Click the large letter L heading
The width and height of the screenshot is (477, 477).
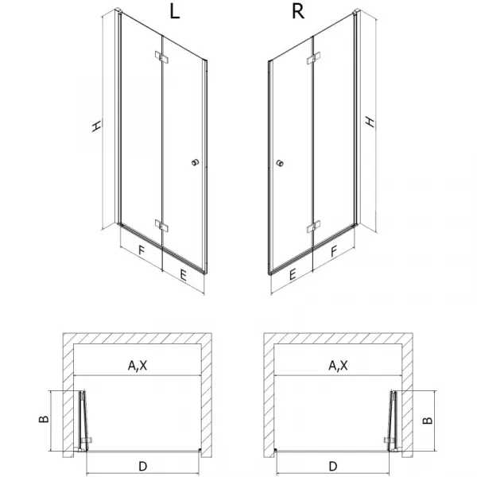(174, 12)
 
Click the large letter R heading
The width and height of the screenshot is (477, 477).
(298, 12)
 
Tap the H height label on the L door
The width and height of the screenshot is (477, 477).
(97, 126)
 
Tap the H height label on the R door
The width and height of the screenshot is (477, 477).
(370, 122)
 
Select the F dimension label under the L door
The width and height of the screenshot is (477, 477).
(142, 250)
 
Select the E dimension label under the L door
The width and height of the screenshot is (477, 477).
(183, 275)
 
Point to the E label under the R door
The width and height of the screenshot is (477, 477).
(293, 275)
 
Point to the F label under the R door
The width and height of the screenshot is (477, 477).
(334, 251)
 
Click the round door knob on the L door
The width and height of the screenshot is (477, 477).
(196, 162)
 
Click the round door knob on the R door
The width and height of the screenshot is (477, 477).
(280, 163)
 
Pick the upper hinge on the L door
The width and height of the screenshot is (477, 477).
(161, 57)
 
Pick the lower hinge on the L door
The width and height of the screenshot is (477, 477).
(161, 226)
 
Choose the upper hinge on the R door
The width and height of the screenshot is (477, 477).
(313, 58)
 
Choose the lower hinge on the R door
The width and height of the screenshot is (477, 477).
(313, 227)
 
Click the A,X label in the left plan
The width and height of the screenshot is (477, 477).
(138, 366)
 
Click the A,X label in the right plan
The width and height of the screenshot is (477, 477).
(339, 366)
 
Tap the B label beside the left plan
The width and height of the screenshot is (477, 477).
(44, 419)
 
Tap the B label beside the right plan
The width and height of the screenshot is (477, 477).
(428, 420)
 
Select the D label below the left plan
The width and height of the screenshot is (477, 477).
(142, 466)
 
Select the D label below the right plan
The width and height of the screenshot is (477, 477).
(333, 466)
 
